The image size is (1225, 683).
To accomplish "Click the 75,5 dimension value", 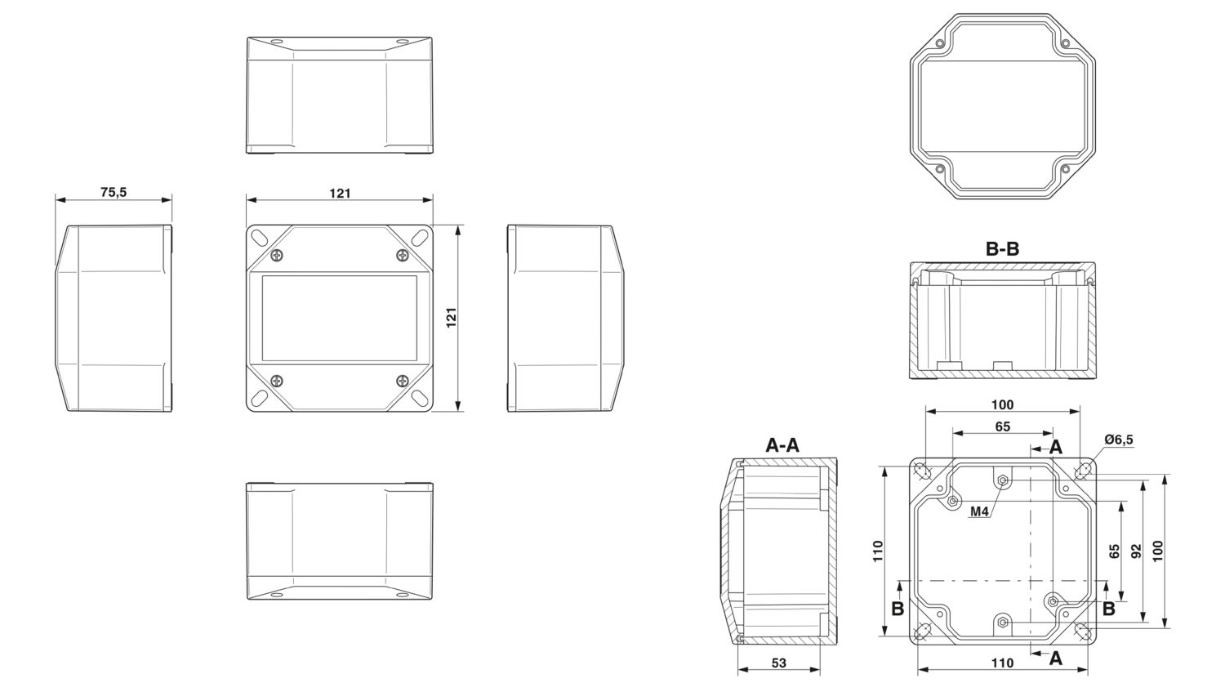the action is [114, 192].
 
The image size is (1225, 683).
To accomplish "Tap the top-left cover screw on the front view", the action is [278, 254].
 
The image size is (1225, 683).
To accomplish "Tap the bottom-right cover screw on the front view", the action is [402, 381].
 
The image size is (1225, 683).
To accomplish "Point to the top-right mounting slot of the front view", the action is [420, 238].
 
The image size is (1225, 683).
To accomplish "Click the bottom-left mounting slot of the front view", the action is [260, 397].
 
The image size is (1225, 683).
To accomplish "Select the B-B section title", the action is [1002, 249].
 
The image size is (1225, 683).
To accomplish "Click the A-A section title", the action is [782, 445].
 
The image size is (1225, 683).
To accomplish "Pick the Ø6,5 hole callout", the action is [1118, 440].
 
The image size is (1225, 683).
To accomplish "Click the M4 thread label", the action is [979, 511].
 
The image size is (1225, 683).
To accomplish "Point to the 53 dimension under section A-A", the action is [779, 663].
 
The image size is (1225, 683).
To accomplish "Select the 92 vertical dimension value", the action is [1136, 551].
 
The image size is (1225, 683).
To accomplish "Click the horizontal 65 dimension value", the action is [1002, 426].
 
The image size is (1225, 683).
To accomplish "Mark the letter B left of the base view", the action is [898, 609].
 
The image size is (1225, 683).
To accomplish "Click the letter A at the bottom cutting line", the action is [1055, 658].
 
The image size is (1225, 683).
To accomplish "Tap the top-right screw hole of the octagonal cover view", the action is [1065, 44].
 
